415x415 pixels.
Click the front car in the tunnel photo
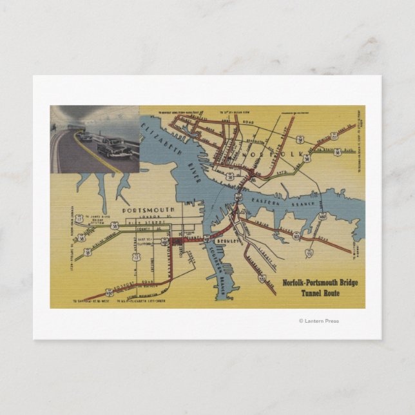pyautogui.click(x=115, y=148)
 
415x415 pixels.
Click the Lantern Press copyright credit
pyautogui.click(x=318, y=321)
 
